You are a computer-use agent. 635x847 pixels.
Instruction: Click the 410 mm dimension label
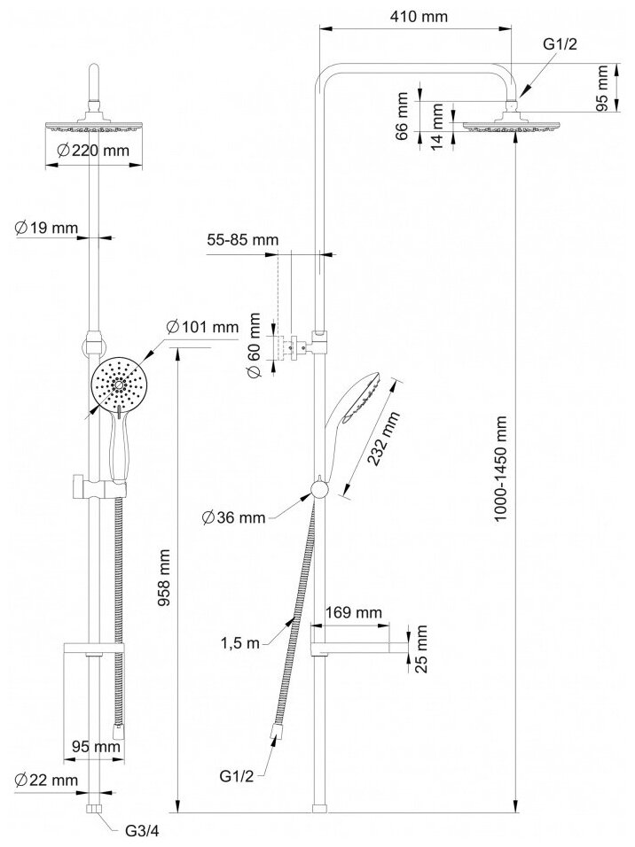tap(416, 16)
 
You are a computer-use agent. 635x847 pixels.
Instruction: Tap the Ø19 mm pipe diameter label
tap(46, 228)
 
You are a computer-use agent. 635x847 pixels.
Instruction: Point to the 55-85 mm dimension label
tap(242, 239)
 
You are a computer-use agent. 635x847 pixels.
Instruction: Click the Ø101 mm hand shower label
tap(203, 328)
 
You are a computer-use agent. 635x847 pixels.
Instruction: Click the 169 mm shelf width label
tap(353, 612)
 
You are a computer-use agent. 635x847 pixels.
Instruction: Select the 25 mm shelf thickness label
tap(422, 648)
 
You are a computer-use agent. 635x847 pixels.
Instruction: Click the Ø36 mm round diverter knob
tap(320, 489)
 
